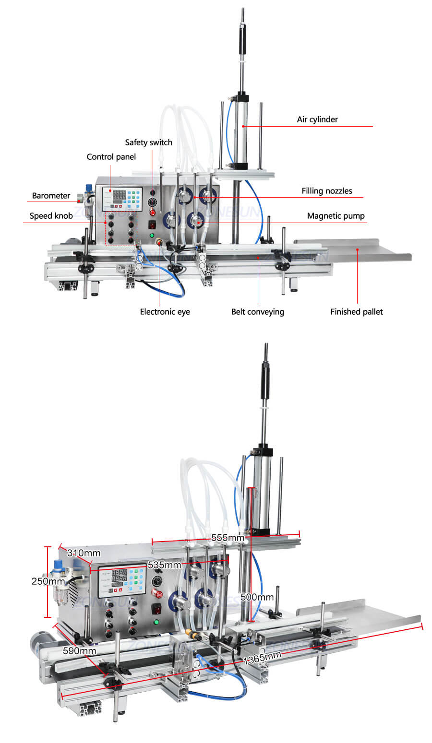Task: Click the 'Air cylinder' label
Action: [x=317, y=119]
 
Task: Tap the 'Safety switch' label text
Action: [x=148, y=142]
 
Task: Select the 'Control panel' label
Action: [x=111, y=157]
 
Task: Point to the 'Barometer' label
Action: [x=51, y=196]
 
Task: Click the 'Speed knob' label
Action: [x=51, y=216]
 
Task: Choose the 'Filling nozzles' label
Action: [x=326, y=191]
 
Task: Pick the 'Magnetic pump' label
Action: [x=336, y=216]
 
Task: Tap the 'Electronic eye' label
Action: [x=165, y=312]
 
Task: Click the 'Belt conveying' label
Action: [x=257, y=312]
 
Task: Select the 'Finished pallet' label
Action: [x=356, y=312]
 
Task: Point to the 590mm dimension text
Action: [x=79, y=651]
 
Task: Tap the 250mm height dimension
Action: [x=48, y=581]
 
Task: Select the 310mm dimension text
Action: [x=84, y=553]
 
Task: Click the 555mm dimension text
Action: [x=228, y=538]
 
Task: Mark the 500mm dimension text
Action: [x=257, y=597]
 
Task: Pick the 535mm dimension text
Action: [x=164, y=565]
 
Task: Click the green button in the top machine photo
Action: [x=152, y=236]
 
